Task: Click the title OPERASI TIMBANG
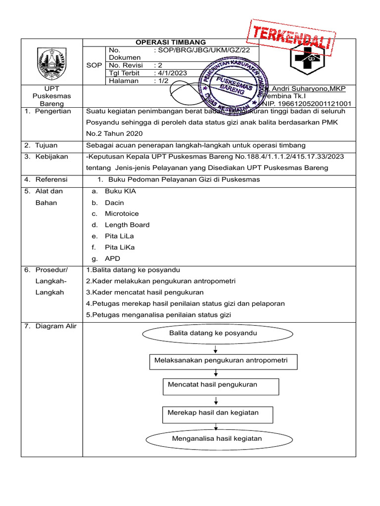pos(171,42)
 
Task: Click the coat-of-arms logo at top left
pos(51,62)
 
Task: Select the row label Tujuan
pos(46,145)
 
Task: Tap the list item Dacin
pos(114,203)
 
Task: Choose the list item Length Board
pos(127,225)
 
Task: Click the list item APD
pos(112,258)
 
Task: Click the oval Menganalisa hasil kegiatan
pos(217,439)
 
